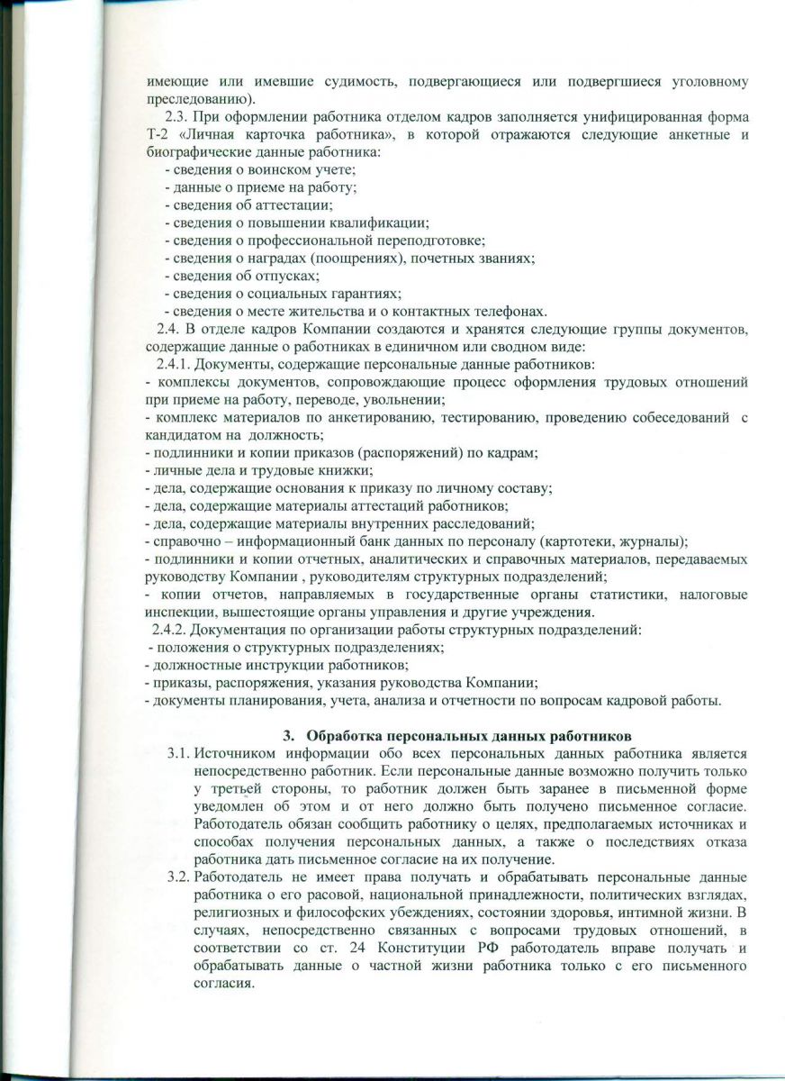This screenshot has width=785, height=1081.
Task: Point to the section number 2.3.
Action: [176, 118]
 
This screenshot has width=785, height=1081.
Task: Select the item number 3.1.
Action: [178, 753]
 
